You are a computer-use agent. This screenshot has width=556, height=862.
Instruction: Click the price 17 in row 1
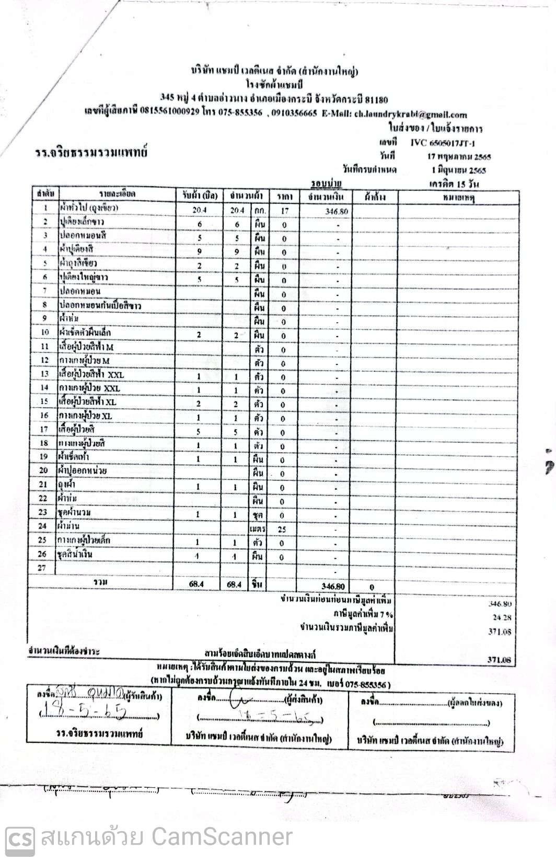point(285,211)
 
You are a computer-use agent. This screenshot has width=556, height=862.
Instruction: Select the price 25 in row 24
point(282,529)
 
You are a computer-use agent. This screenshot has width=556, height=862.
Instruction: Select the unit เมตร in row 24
point(258,529)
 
